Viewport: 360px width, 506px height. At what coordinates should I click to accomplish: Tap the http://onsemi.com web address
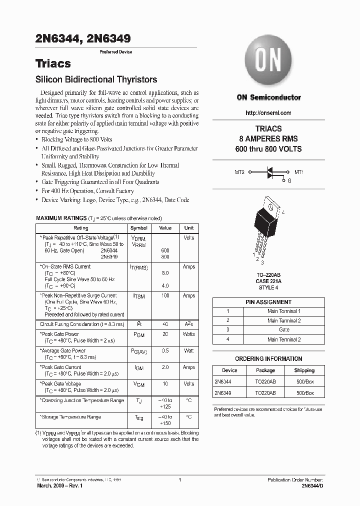(x=268, y=113)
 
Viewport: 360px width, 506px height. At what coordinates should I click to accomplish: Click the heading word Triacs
(x=53, y=63)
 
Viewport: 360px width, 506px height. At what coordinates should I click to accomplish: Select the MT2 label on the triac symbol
(x=239, y=172)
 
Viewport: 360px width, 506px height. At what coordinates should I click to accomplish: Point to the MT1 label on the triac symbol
(x=299, y=172)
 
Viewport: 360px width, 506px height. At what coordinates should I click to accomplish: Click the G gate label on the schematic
(x=289, y=180)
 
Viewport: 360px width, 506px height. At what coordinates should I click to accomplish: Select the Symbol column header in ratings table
(x=138, y=228)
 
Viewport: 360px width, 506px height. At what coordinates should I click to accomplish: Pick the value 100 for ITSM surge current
(x=164, y=296)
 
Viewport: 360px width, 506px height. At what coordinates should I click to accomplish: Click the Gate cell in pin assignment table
(x=284, y=330)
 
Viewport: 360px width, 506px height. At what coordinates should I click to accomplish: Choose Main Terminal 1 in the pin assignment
(x=284, y=311)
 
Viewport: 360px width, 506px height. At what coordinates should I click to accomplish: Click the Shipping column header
(x=304, y=370)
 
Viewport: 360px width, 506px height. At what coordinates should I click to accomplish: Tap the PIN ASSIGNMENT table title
(x=268, y=302)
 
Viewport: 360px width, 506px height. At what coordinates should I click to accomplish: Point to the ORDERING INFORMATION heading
(x=268, y=358)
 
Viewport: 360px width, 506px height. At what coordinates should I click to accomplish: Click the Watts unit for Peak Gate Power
(x=188, y=334)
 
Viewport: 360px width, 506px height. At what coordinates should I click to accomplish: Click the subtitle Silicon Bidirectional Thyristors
(x=96, y=79)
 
